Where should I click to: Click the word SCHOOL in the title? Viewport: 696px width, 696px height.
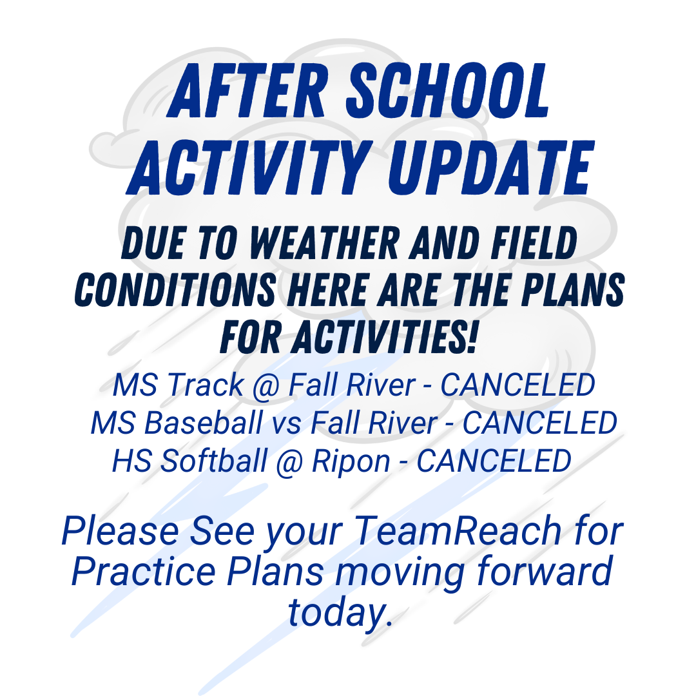[x=449, y=91]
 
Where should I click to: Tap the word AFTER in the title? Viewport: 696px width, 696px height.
[x=247, y=91]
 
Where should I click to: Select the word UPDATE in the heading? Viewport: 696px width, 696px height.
[x=491, y=168]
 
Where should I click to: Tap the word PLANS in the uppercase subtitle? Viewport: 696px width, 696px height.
[x=573, y=290]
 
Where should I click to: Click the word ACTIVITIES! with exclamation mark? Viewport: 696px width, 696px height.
[x=385, y=337]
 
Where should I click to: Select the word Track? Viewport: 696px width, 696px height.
[x=205, y=385]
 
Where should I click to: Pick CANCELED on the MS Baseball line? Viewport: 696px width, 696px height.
[x=540, y=423]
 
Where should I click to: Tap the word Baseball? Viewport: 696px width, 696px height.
[x=203, y=423]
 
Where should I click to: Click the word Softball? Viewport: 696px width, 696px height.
[x=213, y=460]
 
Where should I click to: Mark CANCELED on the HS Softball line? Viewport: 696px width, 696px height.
[x=494, y=460]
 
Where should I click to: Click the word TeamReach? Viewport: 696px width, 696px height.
[x=458, y=530]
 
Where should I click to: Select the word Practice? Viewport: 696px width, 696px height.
[x=144, y=571]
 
